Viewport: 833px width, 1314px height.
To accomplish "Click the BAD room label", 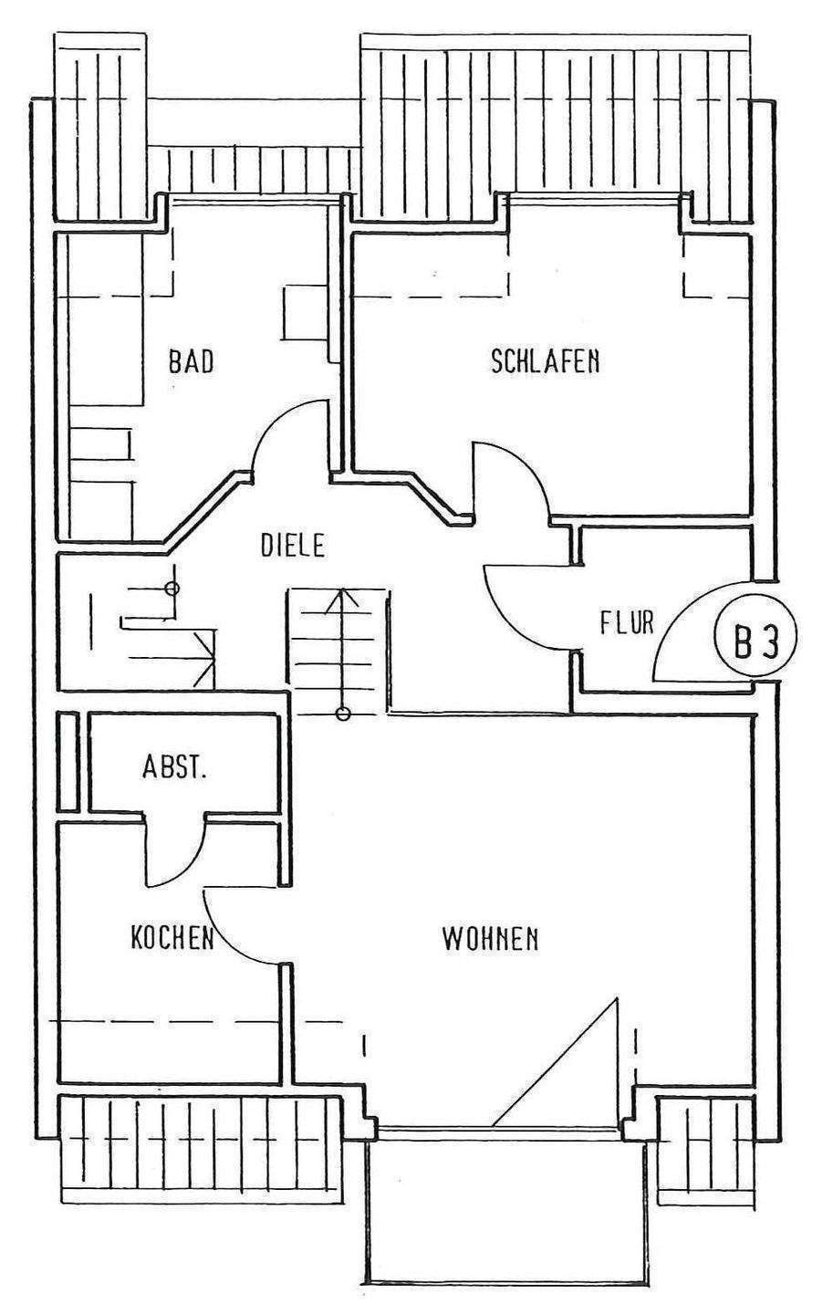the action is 191,361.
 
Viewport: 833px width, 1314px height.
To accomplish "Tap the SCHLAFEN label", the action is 545,361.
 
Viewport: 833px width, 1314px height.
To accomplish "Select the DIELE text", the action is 293,547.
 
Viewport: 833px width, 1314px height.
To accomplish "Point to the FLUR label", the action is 627,623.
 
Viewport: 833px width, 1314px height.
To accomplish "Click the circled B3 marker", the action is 756,642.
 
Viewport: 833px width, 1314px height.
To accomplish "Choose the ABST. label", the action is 174,767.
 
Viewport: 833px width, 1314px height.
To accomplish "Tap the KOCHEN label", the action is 172,937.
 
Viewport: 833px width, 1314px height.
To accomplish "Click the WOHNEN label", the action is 490,937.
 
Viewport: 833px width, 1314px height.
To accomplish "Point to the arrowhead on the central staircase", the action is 343,598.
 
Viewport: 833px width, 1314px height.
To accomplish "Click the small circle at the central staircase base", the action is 343,714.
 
